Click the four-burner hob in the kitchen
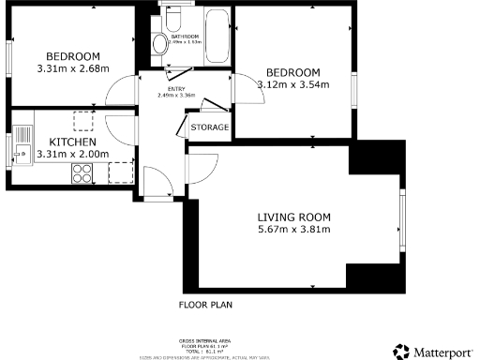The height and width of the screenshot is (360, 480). click(82, 172)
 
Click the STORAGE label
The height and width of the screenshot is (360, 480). click(209, 127)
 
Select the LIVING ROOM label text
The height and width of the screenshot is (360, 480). click(293, 217)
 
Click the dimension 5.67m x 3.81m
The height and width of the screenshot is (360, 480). click(293, 231)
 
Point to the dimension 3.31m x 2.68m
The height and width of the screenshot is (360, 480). click(71, 68)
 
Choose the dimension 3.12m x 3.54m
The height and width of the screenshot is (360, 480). click(292, 86)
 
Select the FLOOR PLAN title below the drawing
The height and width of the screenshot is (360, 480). click(205, 305)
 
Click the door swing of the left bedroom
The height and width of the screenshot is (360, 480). click(121, 92)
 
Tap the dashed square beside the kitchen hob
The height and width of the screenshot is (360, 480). click(120, 171)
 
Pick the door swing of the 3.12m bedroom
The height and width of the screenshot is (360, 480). click(246, 88)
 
